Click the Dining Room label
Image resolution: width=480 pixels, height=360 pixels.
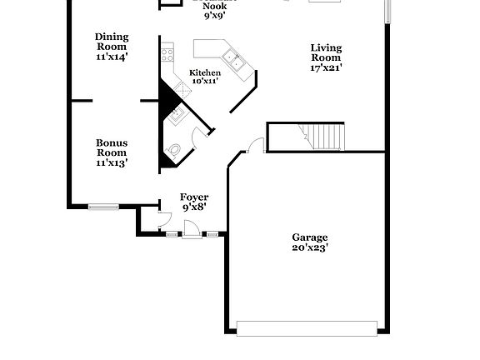(x=111, y=42)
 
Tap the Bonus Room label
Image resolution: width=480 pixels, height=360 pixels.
(x=111, y=147)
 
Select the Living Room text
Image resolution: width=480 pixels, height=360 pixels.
(x=326, y=53)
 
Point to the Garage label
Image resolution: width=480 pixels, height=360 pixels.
(x=309, y=237)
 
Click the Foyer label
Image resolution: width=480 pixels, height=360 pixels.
(x=194, y=197)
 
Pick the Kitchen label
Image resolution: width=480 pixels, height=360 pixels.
(x=205, y=72)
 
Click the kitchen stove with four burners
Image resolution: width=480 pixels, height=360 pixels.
(x=167, y=56)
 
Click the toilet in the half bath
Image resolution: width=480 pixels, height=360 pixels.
(x=175, y=150)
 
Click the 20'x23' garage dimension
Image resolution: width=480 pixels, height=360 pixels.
(x=310, y=247)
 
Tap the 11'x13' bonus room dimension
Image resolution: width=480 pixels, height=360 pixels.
(x=111, y=163)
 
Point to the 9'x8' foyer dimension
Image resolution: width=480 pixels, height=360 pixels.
(x=194, y=207)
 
